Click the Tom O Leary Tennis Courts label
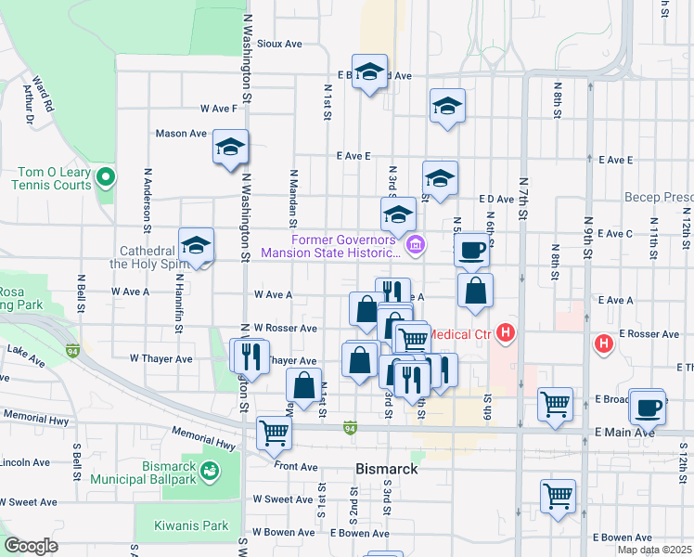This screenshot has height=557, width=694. pos(54,178)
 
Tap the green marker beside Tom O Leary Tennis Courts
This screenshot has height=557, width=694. pos(106,176)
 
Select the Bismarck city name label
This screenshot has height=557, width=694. pos(387,469)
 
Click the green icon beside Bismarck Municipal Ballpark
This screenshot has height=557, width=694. pos(212,472)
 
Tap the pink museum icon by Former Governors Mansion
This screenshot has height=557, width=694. pos(416,245)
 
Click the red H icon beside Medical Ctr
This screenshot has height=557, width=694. pos(506,331)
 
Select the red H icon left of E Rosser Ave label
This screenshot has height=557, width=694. pos(604,343)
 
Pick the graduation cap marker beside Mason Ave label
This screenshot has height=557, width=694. pos(230,149)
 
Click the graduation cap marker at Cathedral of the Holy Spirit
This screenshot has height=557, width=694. pos(196,247)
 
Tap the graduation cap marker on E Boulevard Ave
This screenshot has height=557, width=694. pos(370,74)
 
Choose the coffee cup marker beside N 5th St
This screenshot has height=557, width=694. pos(473,250)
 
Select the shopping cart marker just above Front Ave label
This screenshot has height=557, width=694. pos(274,431)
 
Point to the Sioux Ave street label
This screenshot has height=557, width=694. pos(280,44)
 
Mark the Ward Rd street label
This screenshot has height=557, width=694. pos(43,94)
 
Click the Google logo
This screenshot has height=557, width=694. pos(31,546)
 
